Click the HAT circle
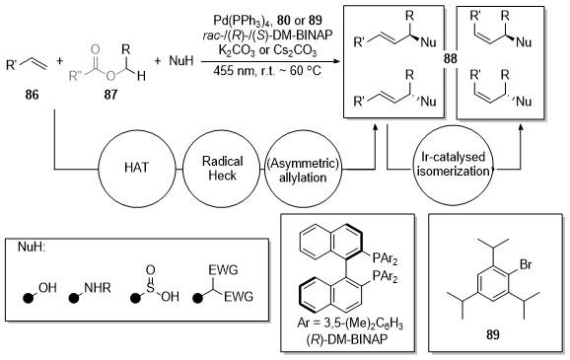pyautogui.click(x=137, y=131)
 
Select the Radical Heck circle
pyautogui.click(x=222, y=131)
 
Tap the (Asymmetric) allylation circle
pyautogui.click(x=303, y=131)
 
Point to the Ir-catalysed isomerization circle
pyautogui.click(x=454, y=126)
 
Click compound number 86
pyautogui.click(x=32, y=96)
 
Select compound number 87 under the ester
pyautogui.click(x=110, y=96)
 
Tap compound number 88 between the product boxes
pyautogui.click(x=450, y=58)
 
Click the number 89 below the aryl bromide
pyautogui.click(x=492, y=334)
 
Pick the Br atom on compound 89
pyautogui.click(x=526, y=264)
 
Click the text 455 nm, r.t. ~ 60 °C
pyautogui.click(x=267, y=70)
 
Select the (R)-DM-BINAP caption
pyautogui.click(x=347, y=340)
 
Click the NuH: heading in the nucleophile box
pyautogui.click(x=32, y=247)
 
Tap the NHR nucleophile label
pyautogui.click(x=98, y=288)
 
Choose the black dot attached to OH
pyautogui.click(x=29, y=298)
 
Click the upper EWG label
pyautogui.click(x=223, y=270)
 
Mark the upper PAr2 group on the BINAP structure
pyautogui.click(x=385, y=259)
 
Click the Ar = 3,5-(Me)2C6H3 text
pyautogui.click(x=350, y=324)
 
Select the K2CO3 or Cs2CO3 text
pyautogui.click(x=267, y=50)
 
